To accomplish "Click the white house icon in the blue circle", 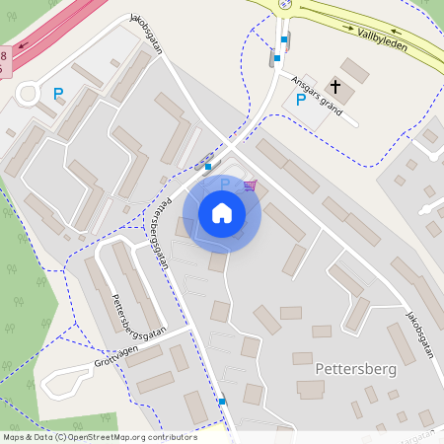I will [221, 213].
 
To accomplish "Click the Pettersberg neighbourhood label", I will [356, 368].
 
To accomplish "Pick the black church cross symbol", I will [335, 86].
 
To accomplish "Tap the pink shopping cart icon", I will [250, 185].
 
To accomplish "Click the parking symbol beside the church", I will [301, 100].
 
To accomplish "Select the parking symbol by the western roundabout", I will [58, 95].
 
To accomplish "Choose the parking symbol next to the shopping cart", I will [224, 185].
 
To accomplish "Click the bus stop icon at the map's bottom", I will [222, 402].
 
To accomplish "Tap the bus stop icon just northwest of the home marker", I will [207, 167].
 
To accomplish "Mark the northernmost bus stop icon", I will [284, 40].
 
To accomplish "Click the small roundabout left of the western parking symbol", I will [28, 95].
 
